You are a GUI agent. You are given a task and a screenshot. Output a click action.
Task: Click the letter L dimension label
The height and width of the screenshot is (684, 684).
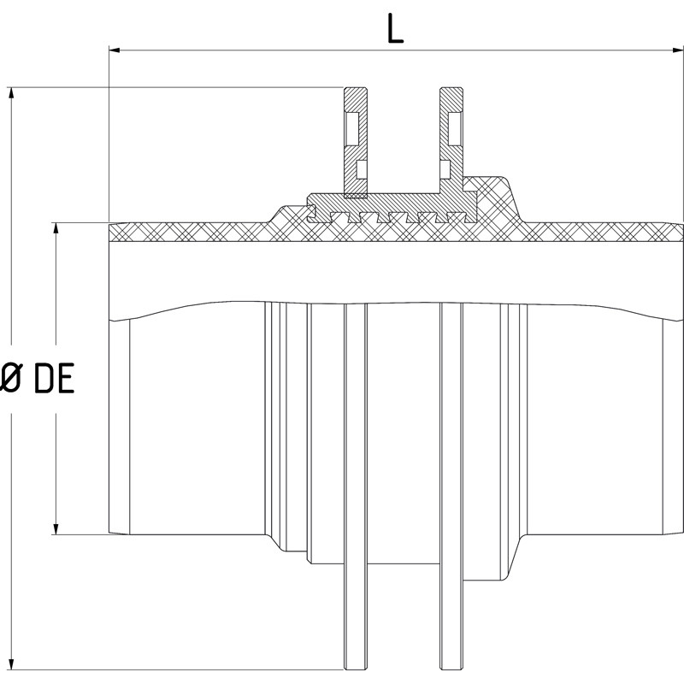point(394,29)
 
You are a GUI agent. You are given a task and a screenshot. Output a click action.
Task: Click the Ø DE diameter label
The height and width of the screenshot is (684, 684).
point(38,378)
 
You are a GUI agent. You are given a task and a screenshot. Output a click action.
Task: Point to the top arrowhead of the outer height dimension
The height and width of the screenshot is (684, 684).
point(11,93)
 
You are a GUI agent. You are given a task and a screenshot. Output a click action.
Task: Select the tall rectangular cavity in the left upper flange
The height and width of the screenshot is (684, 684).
point(352,129)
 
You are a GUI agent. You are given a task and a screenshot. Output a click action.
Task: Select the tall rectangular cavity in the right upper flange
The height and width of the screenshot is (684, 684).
point(454,129)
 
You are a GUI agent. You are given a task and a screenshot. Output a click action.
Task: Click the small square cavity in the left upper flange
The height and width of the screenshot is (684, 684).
point(361,169)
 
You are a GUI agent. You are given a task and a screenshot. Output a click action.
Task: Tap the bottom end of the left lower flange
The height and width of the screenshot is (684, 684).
point(356,667)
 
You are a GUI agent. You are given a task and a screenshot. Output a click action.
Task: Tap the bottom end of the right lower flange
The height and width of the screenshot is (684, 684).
point(451,667)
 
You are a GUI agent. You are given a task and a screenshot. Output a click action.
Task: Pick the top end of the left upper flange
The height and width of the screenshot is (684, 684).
point(355,90)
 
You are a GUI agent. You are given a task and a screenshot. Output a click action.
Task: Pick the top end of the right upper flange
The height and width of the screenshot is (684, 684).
point(451,90)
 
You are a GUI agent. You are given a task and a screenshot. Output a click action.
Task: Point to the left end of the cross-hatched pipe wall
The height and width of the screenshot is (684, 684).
point(114,232)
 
